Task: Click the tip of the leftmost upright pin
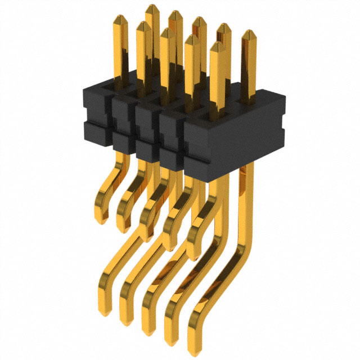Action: (143, 25)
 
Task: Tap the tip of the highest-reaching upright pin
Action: (152, 7)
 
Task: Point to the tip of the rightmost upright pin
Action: (247, 33)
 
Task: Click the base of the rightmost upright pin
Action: (247, 101)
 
